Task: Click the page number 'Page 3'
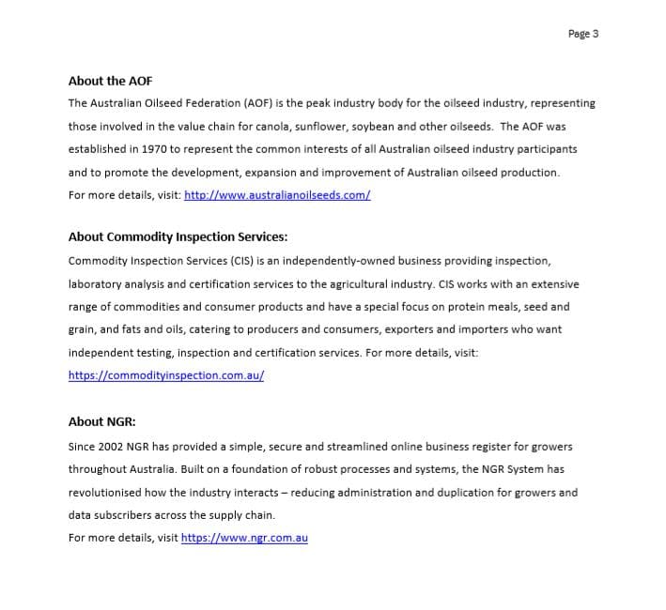583,34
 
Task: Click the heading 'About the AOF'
110,81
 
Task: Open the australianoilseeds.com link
277,195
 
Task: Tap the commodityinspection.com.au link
165,374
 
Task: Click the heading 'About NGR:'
101,421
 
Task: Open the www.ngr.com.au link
244,538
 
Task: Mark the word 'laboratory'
97,283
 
